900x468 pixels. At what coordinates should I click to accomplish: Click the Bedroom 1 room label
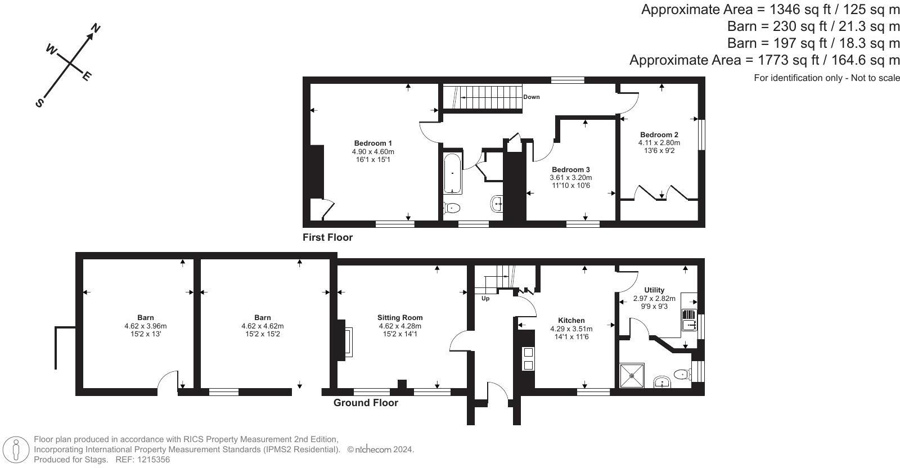pyautogui.click(x=373, y=143)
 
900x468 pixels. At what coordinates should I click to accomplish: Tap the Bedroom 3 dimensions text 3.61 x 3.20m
pyautogui.click(x=570, y=178)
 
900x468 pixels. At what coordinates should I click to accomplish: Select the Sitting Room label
pyautogui.click(x=400, y=317)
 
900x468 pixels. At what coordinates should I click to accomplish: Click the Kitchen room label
pyautogui.click(x=571, y=320)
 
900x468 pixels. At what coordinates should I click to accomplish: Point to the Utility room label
pyautogui.click(x=654, y=290)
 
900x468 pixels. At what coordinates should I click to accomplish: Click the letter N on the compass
pyautogui.click(x=95, y=28)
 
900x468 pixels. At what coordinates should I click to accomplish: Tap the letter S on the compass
pyautogui.click(x=39, y=103)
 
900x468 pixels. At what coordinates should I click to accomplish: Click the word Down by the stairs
pyautogui.click(x=531, y=97)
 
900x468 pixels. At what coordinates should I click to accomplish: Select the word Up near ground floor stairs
pyautogui.click(x=485, y=299)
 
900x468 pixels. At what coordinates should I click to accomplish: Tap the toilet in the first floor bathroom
pyautogui.click(x=452, y=208)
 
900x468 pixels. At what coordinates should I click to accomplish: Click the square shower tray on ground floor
pyautogui.click(x=632, y=376)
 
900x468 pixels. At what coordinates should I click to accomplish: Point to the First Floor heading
pyautogui.click(x=327, y=237)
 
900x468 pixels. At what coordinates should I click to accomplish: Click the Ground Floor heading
pyautogui.click(x=366, y=403)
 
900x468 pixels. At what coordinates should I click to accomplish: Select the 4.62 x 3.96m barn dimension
pyautogui.click(x=146, y=326)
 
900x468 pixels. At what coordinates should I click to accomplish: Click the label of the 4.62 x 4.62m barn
pyautogui.click(x=262, y=317)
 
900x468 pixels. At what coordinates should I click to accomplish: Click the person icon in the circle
pyautogui.click(x=16, y=449)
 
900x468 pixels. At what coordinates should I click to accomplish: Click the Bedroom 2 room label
pyautogui.click(x=659, y=134)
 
